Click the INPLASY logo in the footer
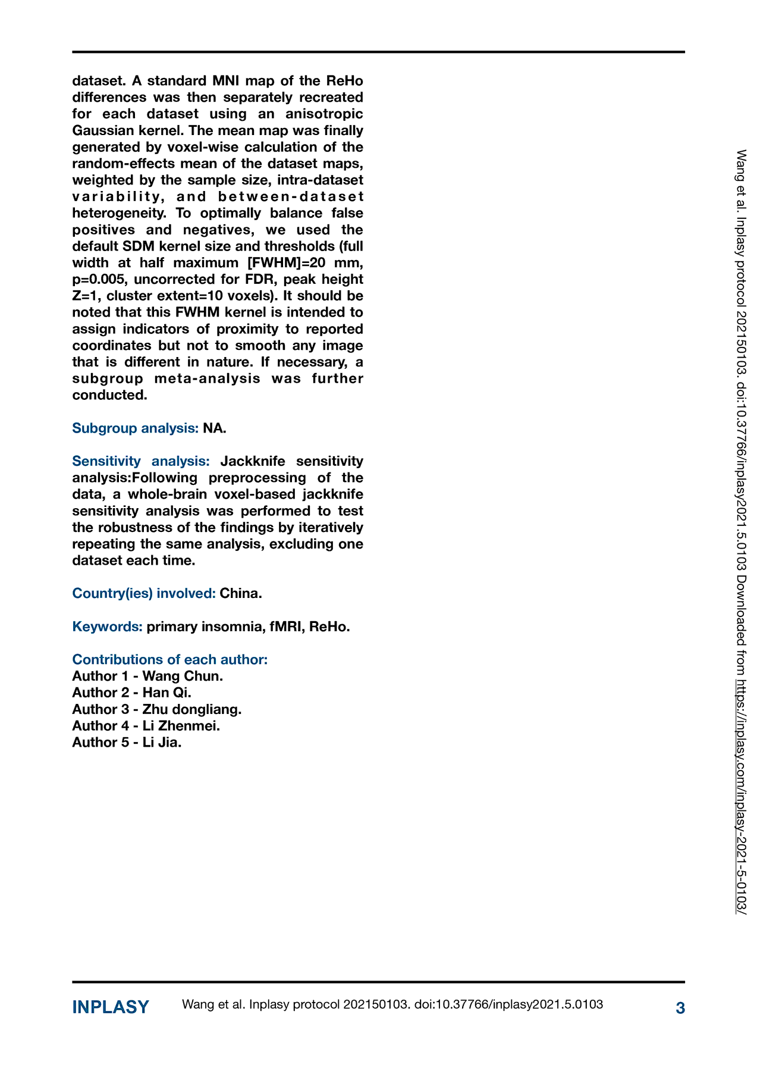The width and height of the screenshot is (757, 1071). [111, 1007]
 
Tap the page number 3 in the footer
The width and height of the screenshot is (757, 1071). [680, 1008]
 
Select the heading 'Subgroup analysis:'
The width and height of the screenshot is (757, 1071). [136, 428]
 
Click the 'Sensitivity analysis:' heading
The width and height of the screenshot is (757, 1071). [141, 461]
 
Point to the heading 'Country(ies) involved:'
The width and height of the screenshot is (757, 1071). [144, 593]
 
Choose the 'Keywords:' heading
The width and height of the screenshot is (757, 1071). [108, 627]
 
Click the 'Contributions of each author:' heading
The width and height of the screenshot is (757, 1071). [170, 659]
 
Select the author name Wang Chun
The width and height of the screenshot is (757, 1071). [183, 676]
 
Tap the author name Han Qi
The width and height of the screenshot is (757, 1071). [167, 693]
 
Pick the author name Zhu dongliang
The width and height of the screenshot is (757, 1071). [191, 709]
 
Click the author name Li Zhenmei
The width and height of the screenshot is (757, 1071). [181, 726]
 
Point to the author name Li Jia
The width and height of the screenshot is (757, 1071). [162, 743]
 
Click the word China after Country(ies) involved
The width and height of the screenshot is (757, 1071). [240, 593]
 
